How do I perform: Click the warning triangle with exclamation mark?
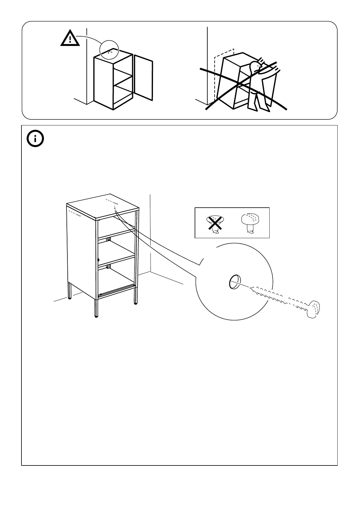[x=70, y=39]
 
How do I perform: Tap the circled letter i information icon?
[x=35, y=139]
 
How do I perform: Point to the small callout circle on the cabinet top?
[x=109, y=49]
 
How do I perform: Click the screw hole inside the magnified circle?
[x=235, y=282]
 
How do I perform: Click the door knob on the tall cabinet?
[x=99, y=259]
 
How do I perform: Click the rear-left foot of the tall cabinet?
[x=70, y=297]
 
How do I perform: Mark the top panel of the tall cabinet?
[x=103, y=206]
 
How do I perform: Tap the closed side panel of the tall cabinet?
[x=82, y=251]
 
